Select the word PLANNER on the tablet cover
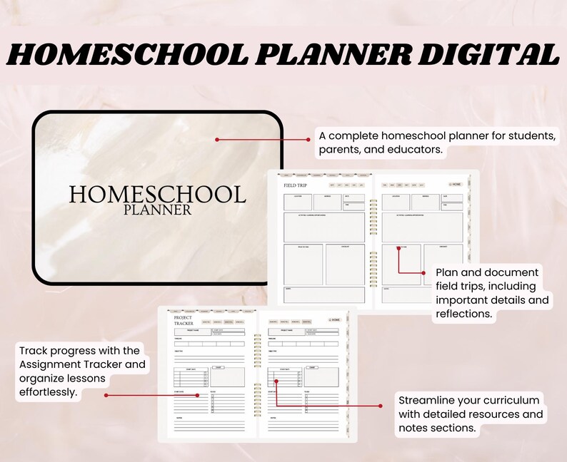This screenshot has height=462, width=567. click(157, 210)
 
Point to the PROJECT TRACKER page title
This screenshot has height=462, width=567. click(184, 322)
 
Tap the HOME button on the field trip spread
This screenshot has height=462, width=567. click(455, 184)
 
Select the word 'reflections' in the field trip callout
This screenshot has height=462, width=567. click(465, 314)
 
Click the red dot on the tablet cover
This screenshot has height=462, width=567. click(216, 140)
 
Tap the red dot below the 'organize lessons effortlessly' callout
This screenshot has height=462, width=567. click(106, 394)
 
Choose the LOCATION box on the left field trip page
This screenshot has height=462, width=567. click(298, 202)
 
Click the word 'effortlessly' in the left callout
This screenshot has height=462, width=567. click(48, 391)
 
